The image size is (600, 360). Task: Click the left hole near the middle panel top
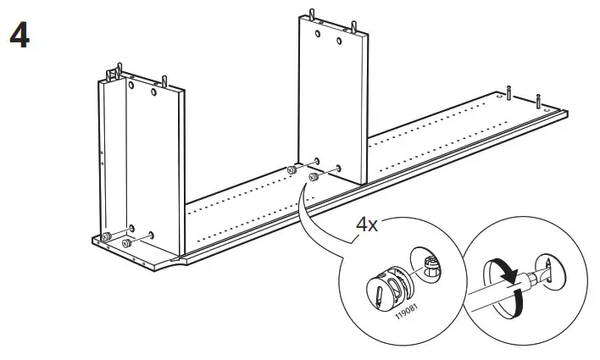click(x=317, y=33)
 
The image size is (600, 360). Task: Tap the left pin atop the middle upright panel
click(x=310, y=14)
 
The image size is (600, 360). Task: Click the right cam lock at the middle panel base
click(x=313, y=178)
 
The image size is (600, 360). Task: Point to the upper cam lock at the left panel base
click(x=107, y=235)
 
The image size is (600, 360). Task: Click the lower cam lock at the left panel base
click(x=126, y=244)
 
